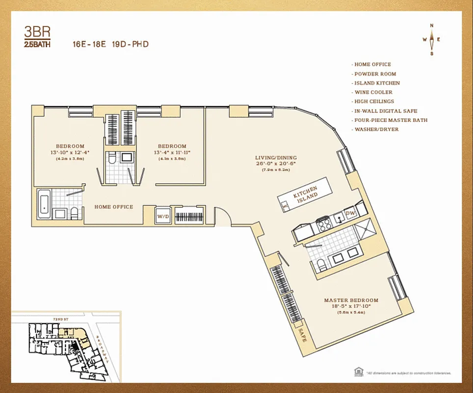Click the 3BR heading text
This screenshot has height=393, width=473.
click(x=37, y=32)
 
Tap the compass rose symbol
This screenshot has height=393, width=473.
click(x=432, y=40)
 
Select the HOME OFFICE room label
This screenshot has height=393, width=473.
click(x=113, y=207)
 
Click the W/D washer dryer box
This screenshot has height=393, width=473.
click(x=162, y=216)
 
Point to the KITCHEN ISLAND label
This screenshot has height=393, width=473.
click(x=305, y=195)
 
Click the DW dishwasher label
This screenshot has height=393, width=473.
click(x=350, y=213)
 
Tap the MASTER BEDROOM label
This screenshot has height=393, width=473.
click(x=351, y=300)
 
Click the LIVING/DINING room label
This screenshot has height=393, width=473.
click(x=276, y=158)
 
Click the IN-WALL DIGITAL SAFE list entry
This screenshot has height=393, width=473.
click(x=386, y=111)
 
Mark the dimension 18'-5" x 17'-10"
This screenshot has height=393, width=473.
click(x=351, y=306)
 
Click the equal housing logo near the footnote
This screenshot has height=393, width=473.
click(x=358, y=371)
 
